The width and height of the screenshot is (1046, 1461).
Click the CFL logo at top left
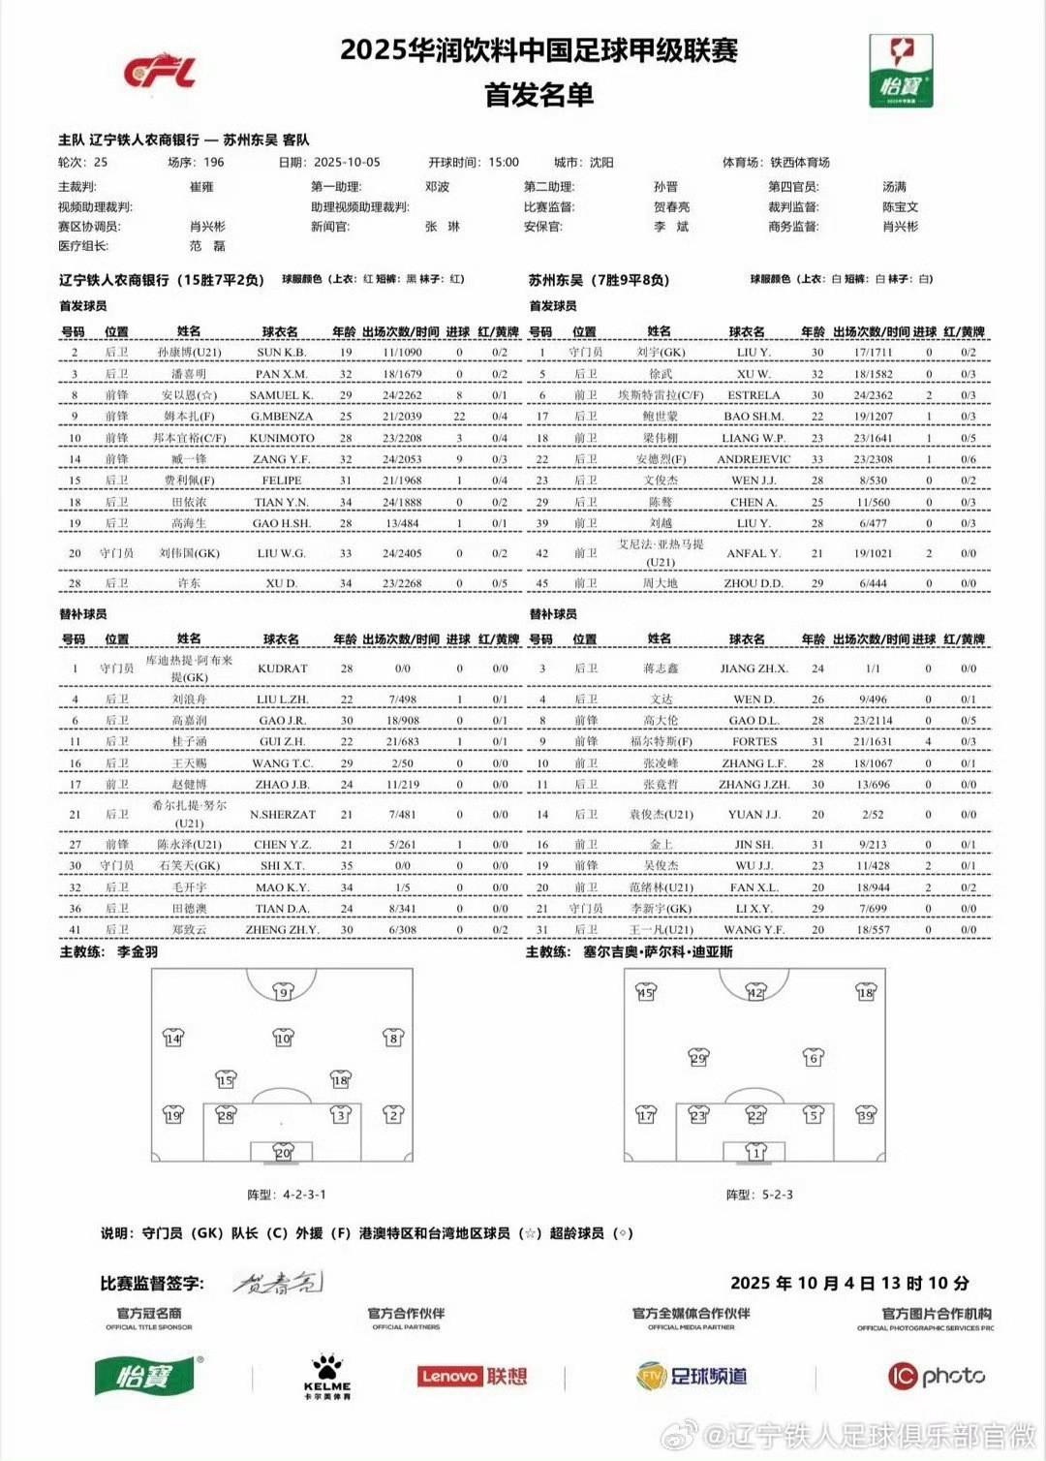coord(160,72)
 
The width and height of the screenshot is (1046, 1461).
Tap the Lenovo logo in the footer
coord(472,1376)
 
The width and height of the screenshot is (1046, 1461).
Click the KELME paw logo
coord(327,1376)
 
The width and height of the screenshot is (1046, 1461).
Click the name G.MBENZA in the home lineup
coord(282,417)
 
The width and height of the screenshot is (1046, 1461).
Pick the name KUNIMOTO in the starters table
coord(282,438)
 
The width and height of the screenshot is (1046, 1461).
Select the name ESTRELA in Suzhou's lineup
coord(754,395)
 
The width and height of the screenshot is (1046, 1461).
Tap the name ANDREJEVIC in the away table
coord(754,459)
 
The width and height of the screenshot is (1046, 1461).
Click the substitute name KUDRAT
coord(282,668)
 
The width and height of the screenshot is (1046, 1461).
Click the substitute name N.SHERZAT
coord(282,815)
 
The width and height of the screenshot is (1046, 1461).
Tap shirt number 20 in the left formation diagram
coord(283,1152)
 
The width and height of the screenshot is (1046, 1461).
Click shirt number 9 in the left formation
coord(283,992)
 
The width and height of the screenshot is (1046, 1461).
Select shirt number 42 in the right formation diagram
coord(755,992)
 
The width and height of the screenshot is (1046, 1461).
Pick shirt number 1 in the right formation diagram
coord(756,1152)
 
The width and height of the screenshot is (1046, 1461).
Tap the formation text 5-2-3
coord(775,1195)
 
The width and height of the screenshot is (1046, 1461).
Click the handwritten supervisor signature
coord(278,1283)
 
